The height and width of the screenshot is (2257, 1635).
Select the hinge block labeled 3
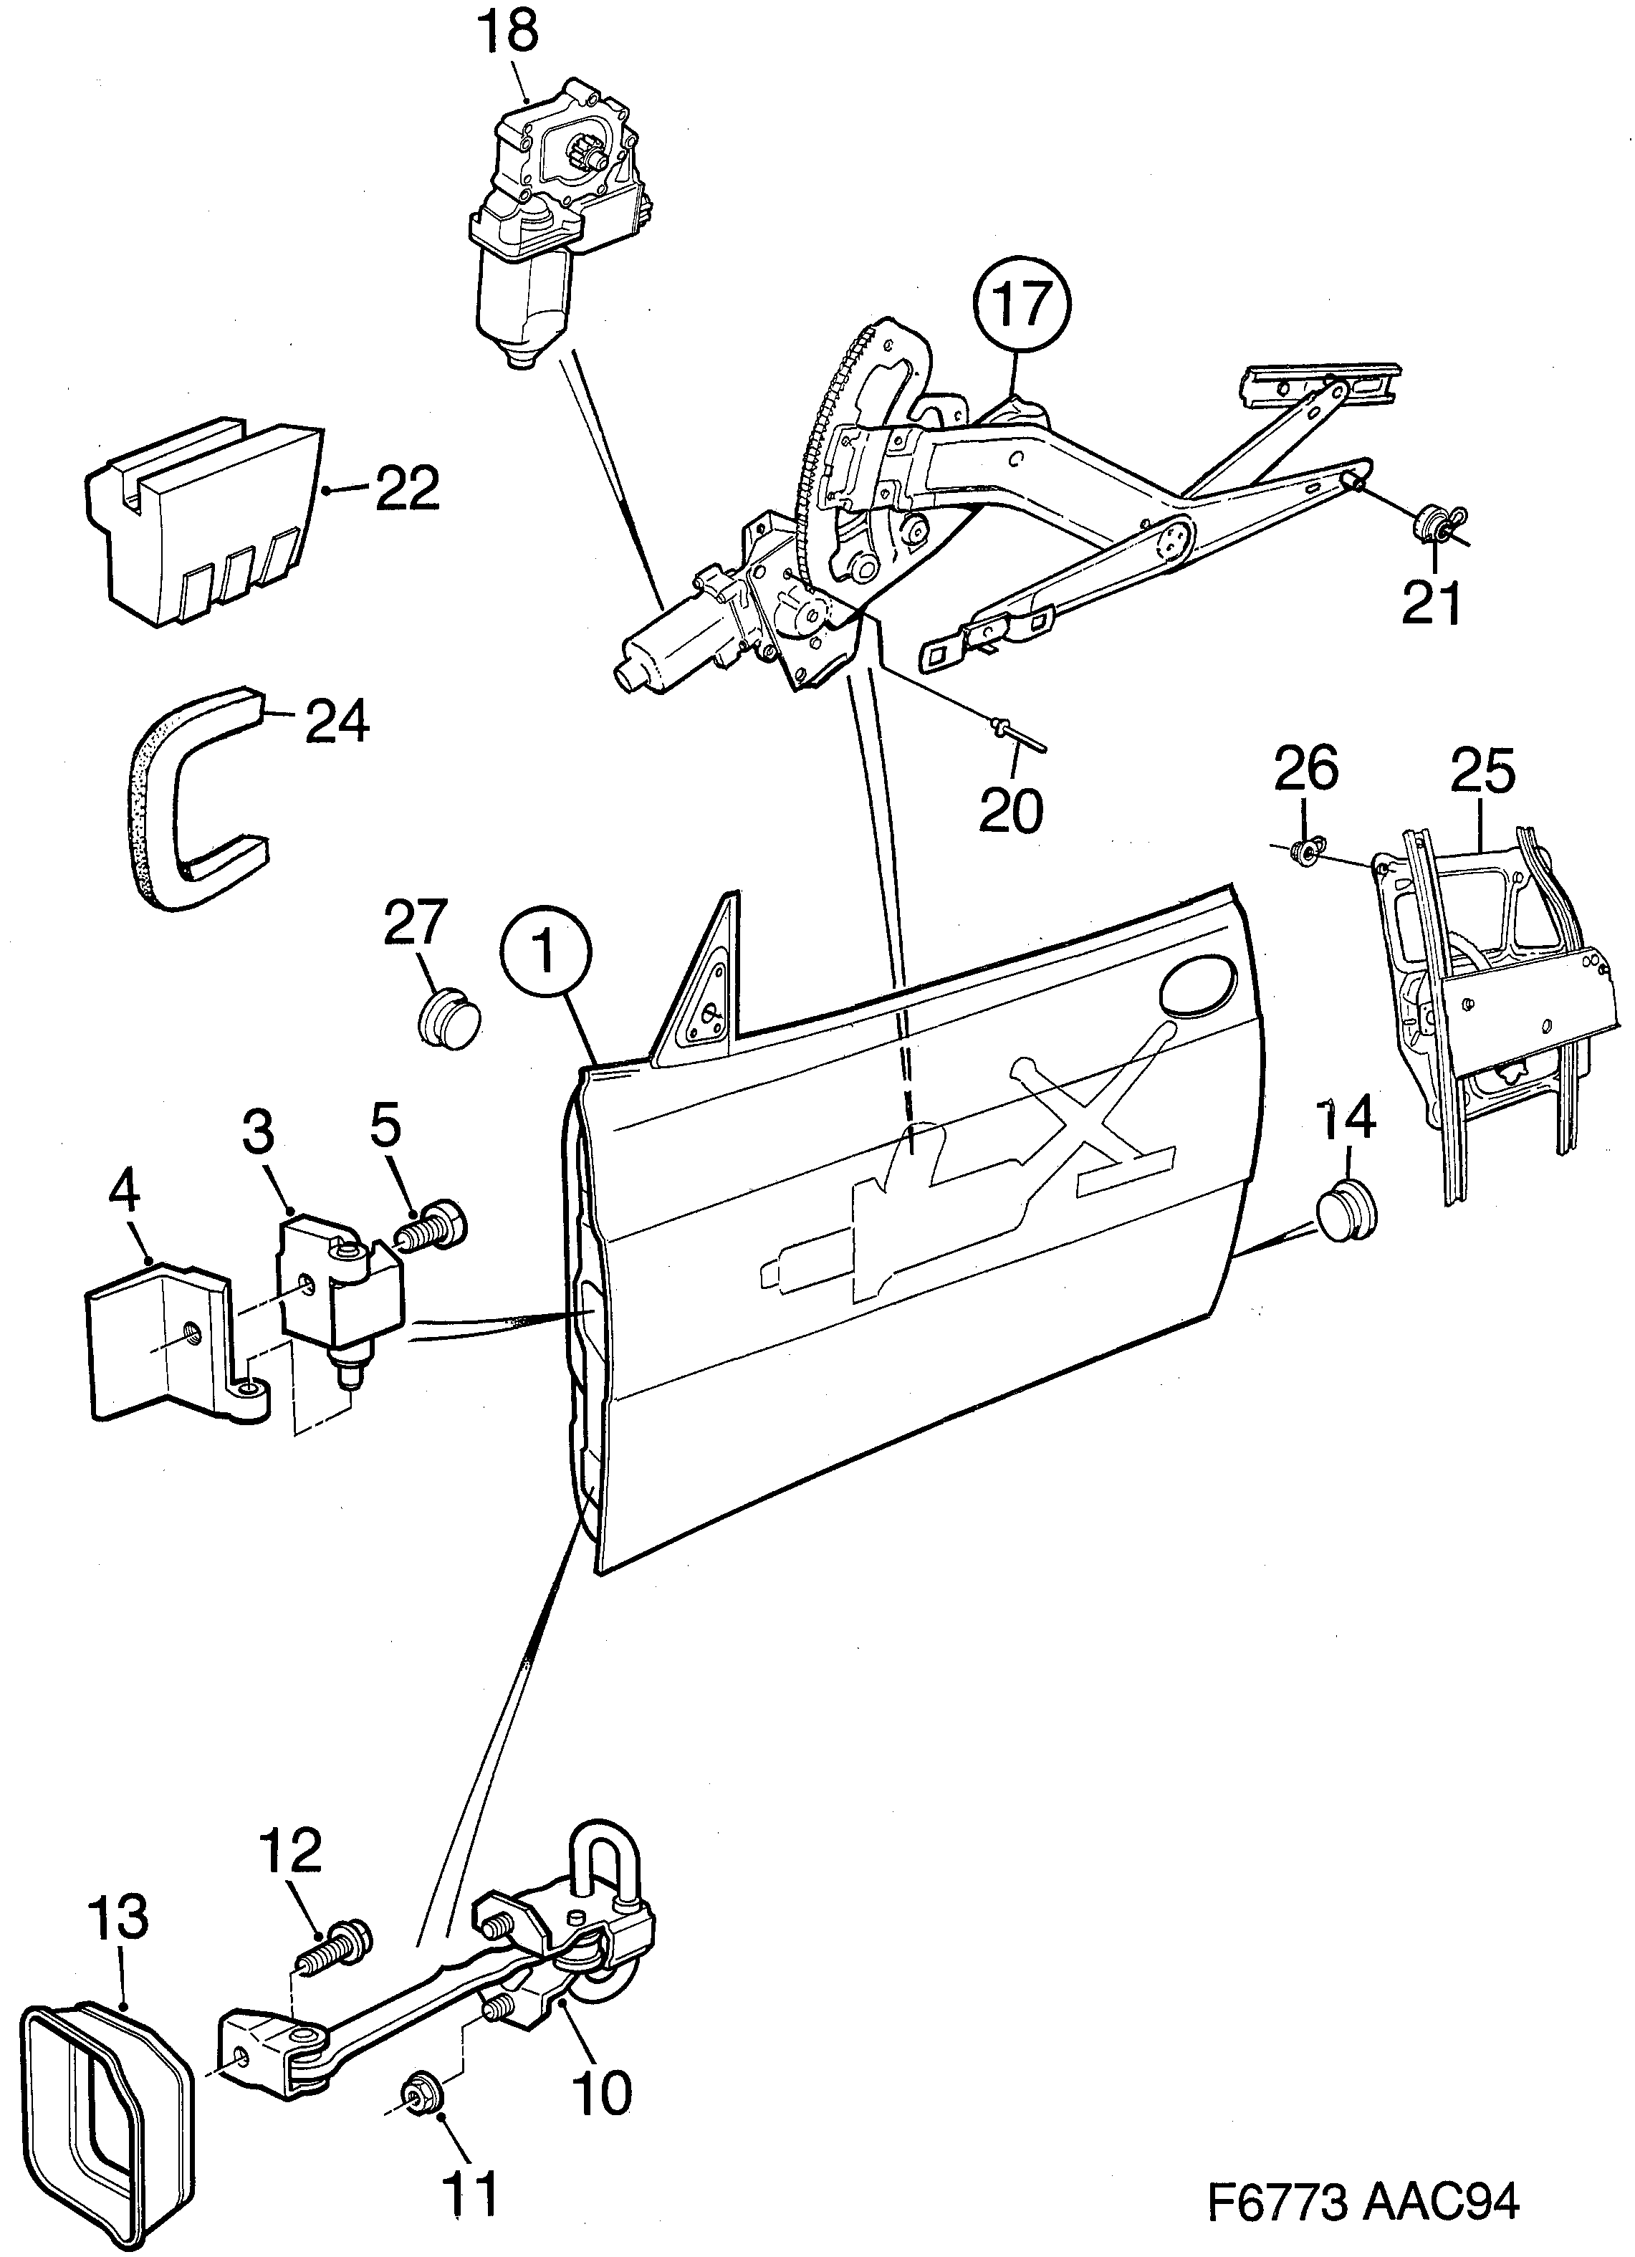[x=338, y=1284]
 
